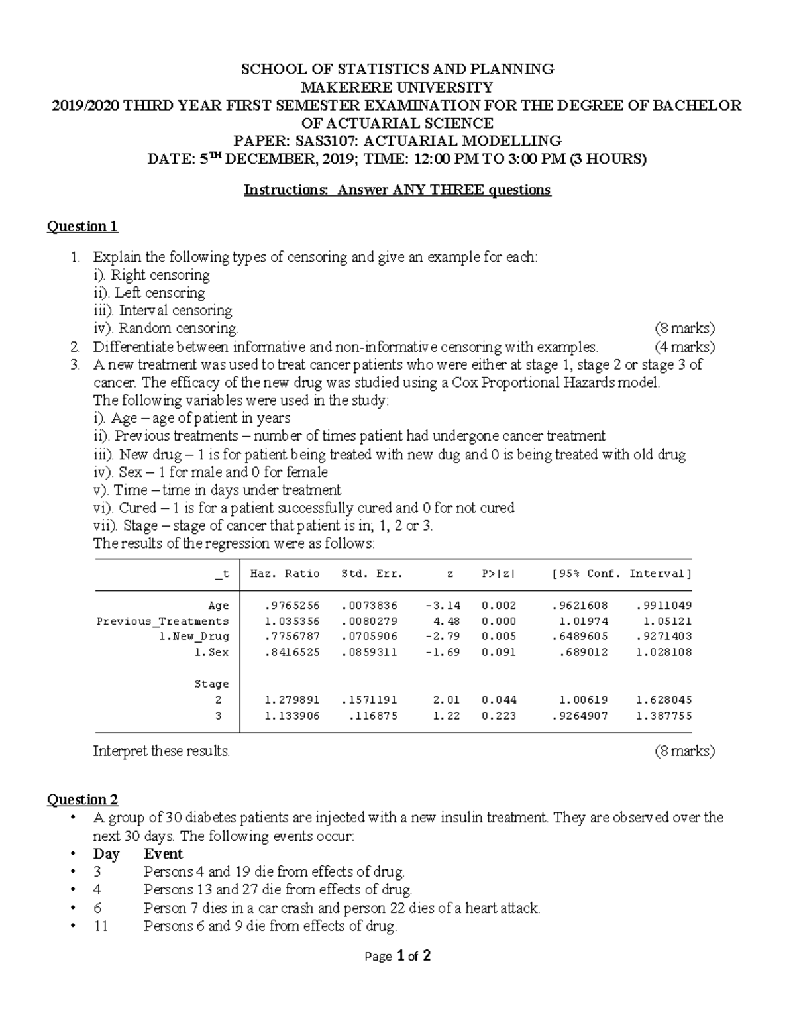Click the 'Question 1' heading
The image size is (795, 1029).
[82, 227]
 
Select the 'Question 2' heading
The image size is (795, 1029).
[82, 800]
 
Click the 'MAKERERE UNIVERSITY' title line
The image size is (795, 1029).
[397, 87]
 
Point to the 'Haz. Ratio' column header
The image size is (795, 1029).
[285, 574]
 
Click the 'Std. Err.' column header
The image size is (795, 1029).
[372, 574]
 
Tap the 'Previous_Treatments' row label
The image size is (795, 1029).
[163, 621]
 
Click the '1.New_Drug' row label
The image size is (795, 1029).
[194, 636]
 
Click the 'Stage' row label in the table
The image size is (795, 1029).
[211, 684]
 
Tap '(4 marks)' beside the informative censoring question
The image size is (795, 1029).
[684, 347]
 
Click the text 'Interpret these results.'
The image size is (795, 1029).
[162, 751]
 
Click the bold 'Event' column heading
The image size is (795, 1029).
[163, 854]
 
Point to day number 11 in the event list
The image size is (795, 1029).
[101, 926]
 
